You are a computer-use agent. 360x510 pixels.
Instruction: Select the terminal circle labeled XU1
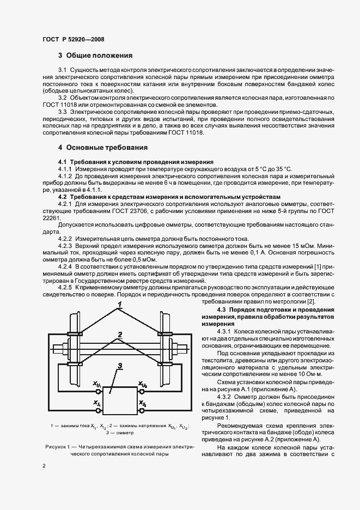[x=99, y=391]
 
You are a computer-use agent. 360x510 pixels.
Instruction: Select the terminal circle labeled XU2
[x=142, y=391]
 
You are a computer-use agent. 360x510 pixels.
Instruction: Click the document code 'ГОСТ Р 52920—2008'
[x=73, y=39]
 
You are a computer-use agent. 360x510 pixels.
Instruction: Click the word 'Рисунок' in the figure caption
[x=56, y=447]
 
